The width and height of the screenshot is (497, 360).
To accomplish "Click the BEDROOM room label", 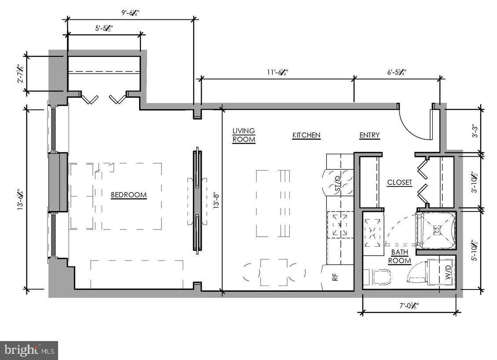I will [x=129, y=195].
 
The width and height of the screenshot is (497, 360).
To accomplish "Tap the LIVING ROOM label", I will [x=244, y=135].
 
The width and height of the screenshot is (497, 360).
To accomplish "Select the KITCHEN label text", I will [x=306, y=135].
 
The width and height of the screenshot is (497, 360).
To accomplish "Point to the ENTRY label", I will [x=369, y=135].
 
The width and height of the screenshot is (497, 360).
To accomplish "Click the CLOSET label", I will [x=400, y=182].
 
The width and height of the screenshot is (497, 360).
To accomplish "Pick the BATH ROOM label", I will [x=400, y=256].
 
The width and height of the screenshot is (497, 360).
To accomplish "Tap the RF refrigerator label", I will [x=335, y=278].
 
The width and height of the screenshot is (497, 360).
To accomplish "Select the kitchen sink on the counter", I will [x=340, y=224].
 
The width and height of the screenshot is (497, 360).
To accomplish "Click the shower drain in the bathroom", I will [x=437, y=229].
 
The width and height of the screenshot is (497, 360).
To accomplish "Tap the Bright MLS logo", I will [x=29, y=350].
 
